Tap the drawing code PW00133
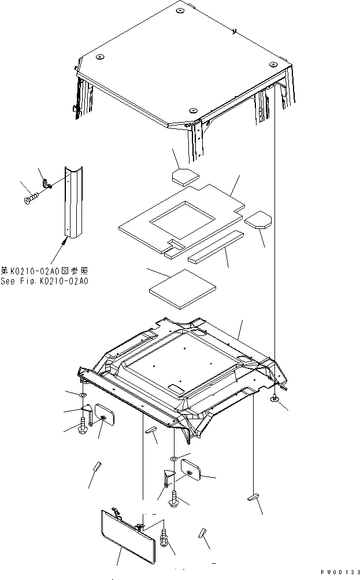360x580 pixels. tap(335, 572)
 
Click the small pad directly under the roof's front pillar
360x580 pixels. tap(185, 175)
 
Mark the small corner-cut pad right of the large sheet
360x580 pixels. tap(257, 220)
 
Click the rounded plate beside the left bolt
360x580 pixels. tap(106, 415)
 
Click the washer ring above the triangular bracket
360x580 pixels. tap(173, 459)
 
